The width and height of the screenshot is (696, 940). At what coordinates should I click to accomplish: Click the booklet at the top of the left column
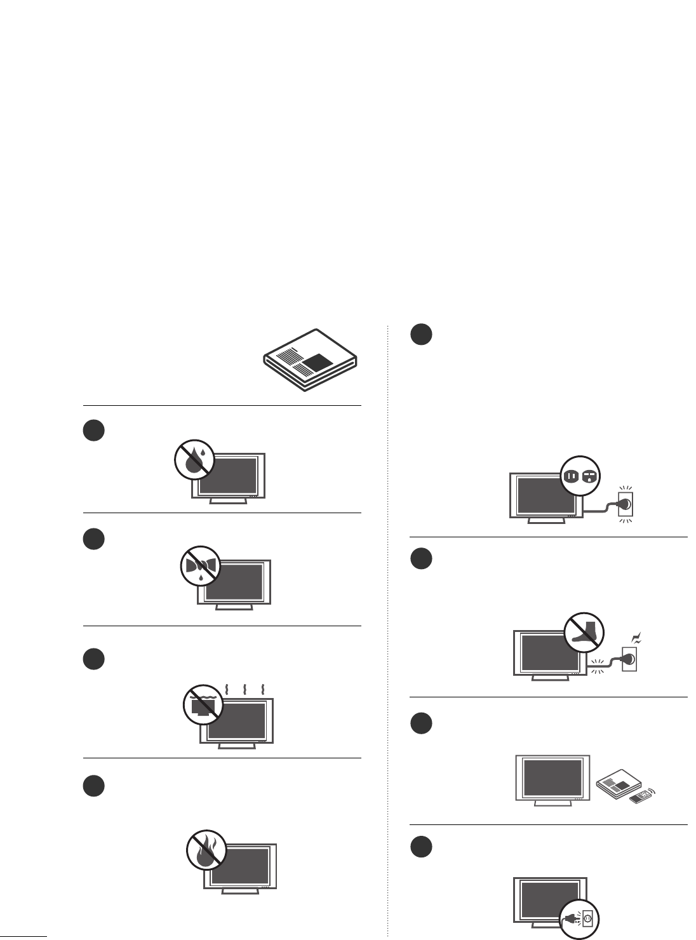coord(311,360)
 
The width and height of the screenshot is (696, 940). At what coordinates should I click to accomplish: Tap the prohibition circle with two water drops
coord(194,459)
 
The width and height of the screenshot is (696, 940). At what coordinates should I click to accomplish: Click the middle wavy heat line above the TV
coord(245,690)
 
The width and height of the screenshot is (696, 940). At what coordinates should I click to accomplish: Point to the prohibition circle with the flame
coord(206,849)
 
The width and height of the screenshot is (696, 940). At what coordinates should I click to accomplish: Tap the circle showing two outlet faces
coord(580,476)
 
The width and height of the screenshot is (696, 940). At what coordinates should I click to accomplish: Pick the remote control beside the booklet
coord(641,796)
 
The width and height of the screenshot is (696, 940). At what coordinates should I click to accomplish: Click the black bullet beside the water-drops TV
coord(93,431)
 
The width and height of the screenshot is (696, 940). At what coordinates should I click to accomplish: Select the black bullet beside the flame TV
coord(93,786)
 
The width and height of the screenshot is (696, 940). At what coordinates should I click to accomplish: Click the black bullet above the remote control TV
coord(420,723)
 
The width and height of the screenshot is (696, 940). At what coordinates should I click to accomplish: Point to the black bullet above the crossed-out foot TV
coord(420,559)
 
